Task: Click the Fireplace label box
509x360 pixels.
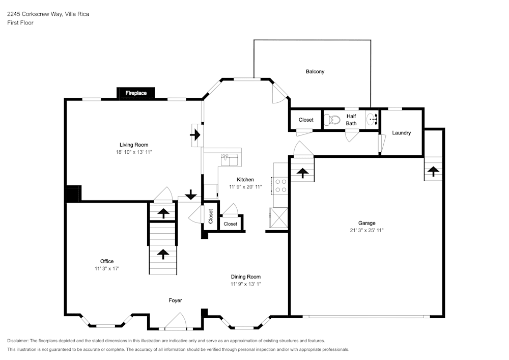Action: (x=136, y=93)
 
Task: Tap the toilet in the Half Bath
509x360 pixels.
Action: (x=333, y=120)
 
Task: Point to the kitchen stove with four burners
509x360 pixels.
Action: (x=280, y=185)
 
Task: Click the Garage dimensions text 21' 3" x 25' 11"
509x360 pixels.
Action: (x=366, y=230)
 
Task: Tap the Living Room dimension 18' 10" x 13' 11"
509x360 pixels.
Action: (x=134, y=152)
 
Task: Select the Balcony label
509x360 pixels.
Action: (x=315, y=72)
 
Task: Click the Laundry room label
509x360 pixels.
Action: (x=401, y=133)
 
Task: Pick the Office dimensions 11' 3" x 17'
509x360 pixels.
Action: (x=106, y=268)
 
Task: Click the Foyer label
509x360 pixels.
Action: (x=175, y=300)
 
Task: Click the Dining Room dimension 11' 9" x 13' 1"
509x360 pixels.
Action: (x=246, y=284)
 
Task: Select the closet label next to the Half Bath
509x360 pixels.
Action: (x=306, y=120)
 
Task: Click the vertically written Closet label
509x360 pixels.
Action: (x=210, y=216)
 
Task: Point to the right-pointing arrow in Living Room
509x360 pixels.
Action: (x=195, y=135)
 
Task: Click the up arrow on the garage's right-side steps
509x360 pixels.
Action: (x=434, y=172)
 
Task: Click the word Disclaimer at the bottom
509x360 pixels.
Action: (x=18, y=340)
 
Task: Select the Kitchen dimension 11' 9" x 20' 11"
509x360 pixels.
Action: (x=245, y=187)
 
